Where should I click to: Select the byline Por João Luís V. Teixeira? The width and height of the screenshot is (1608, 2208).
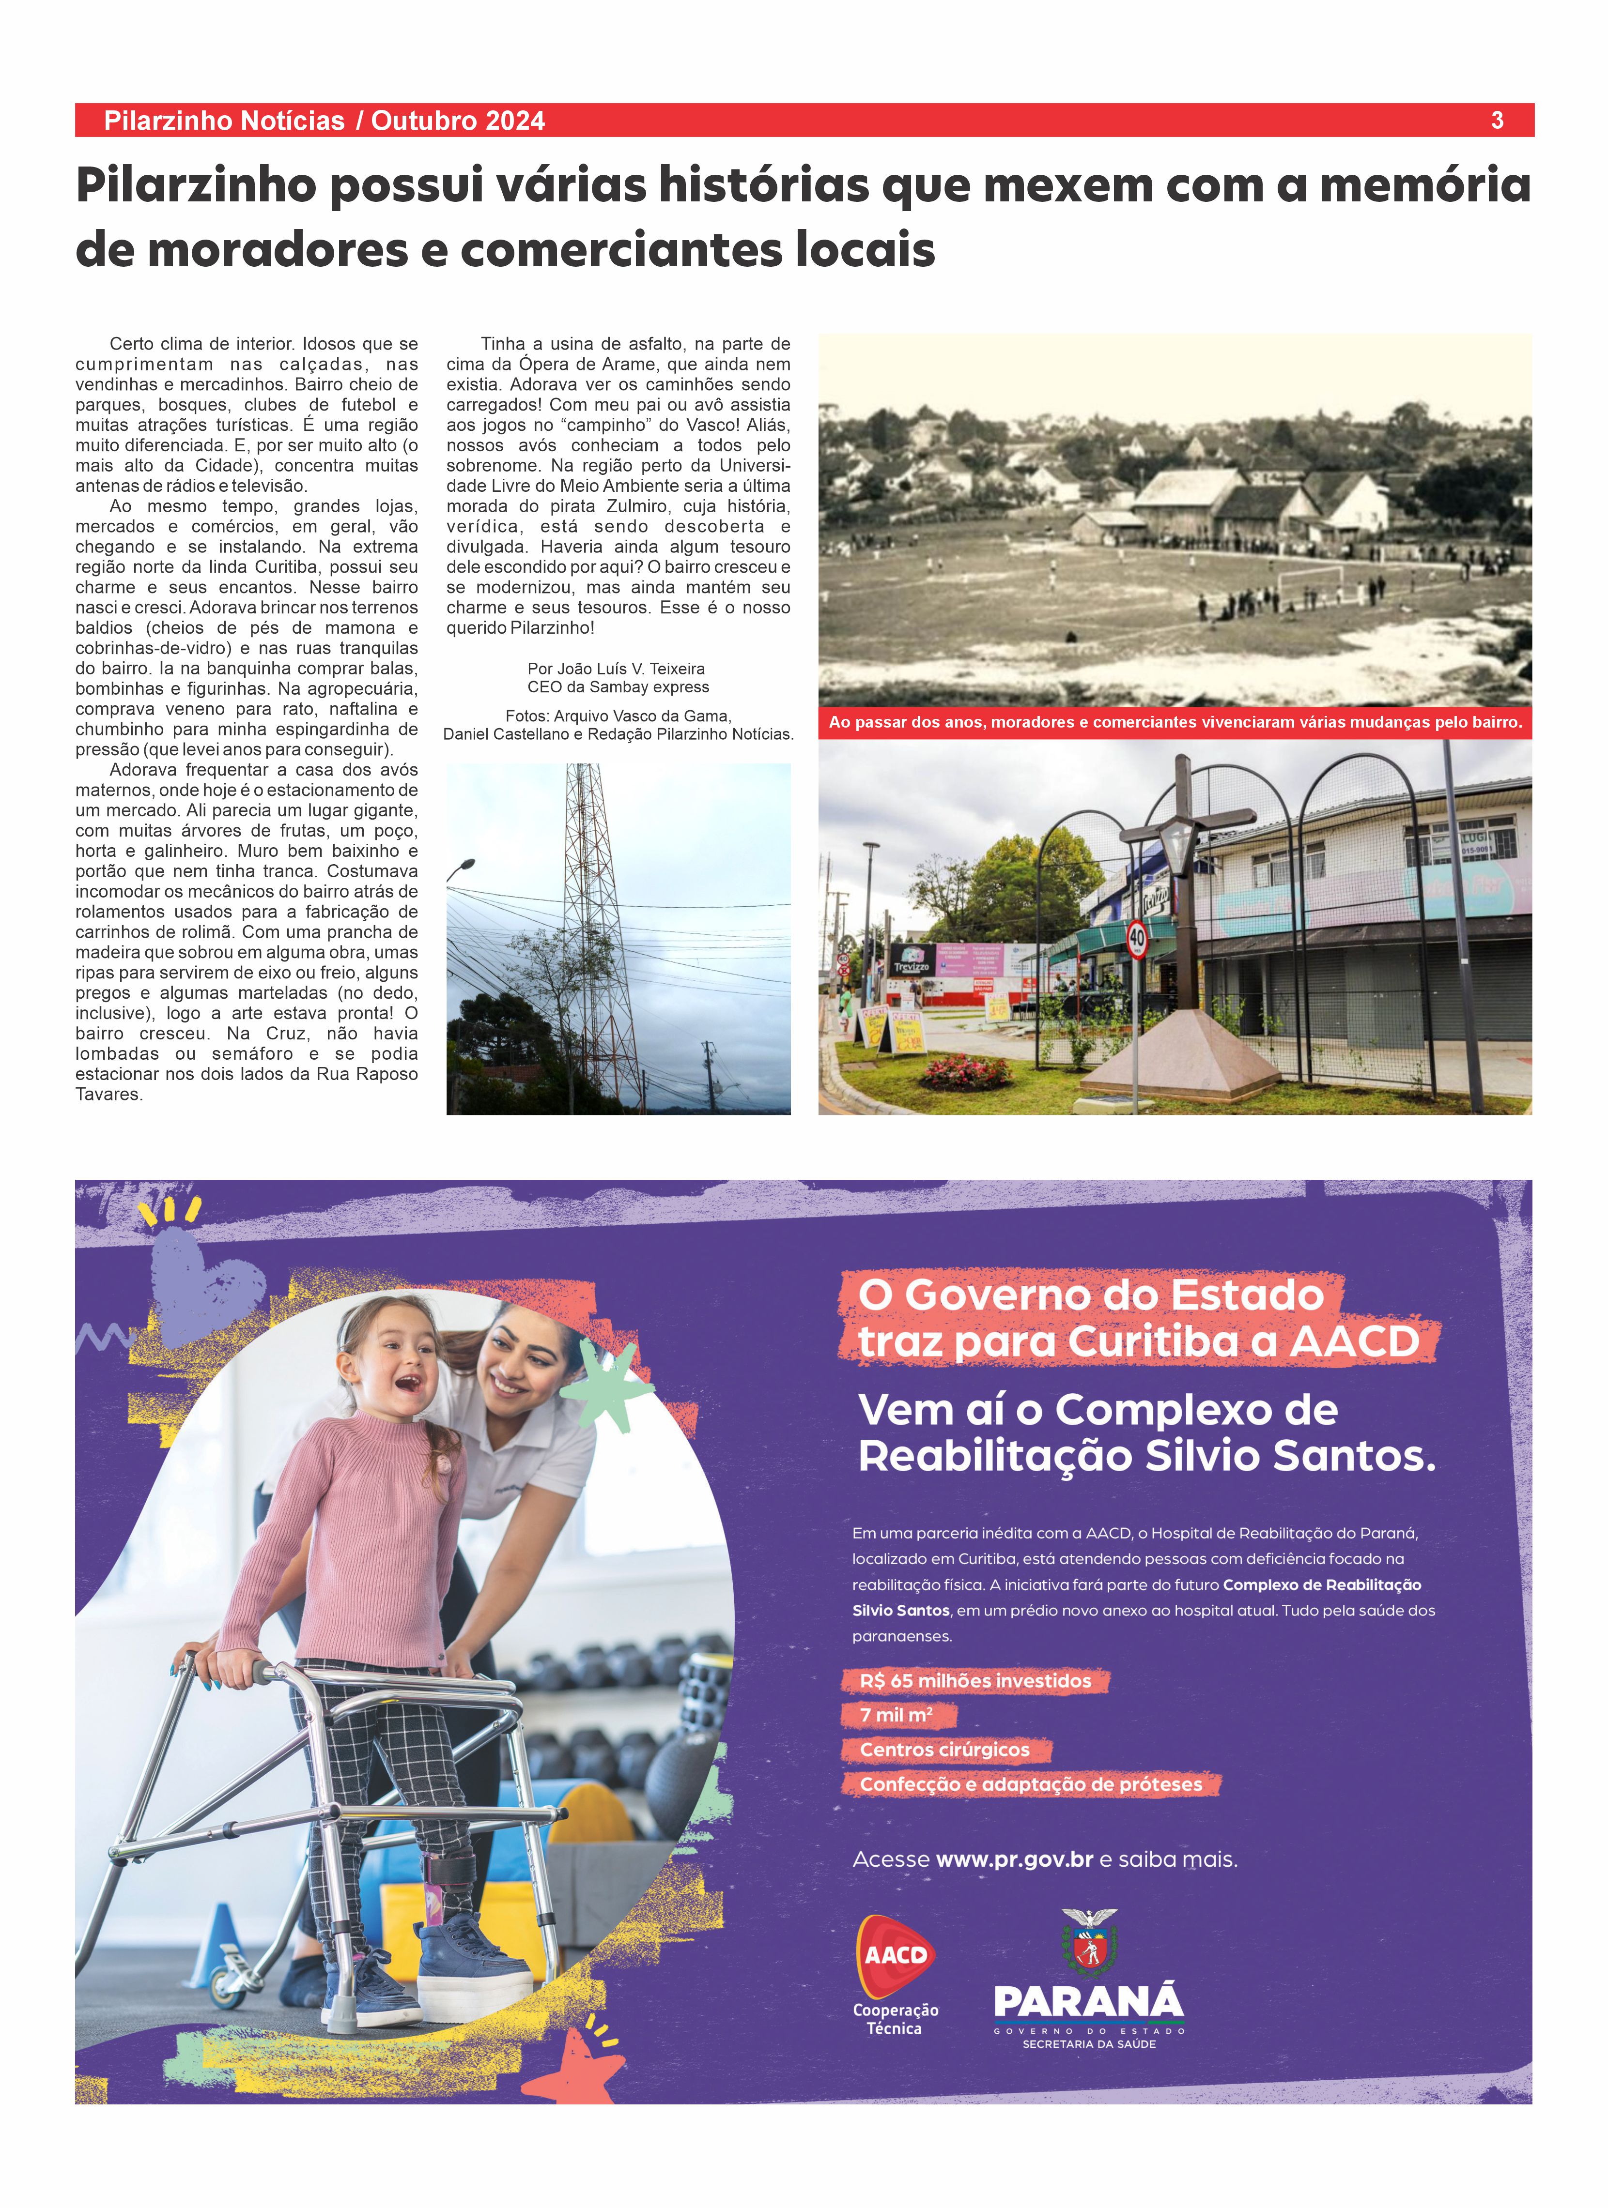616,669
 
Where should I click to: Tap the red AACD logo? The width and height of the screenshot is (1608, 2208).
895,1954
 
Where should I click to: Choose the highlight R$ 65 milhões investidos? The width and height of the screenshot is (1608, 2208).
975,1680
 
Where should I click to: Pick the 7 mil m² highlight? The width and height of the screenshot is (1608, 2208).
896,1714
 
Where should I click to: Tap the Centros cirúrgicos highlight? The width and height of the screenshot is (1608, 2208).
944,1750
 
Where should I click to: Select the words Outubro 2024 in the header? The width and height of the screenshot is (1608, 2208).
458,121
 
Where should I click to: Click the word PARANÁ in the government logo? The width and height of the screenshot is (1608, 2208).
1088,2002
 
